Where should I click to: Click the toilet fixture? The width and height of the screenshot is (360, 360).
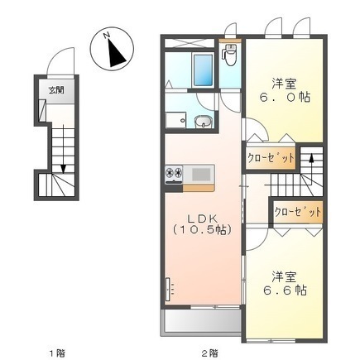coord(230,56)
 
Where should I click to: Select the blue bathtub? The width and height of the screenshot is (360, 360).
coord(203,70)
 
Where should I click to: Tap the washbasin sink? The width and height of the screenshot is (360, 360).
coord(203,123)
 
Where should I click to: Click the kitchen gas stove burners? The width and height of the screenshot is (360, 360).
coord(175,173)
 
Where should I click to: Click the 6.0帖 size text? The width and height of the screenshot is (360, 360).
coord(284,96)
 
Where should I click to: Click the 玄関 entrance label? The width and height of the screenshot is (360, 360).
coord(52,90)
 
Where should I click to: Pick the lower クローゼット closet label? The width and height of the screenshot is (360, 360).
coord(296,211)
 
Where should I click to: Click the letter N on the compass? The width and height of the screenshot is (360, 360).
coord(105,34)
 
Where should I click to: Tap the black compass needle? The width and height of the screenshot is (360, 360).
coord(115,52)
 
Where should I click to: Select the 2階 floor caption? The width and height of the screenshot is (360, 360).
coord(209,353)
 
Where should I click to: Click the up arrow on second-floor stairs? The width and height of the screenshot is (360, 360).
coord(310,156)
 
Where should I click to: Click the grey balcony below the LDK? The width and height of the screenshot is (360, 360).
coord(198,321)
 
